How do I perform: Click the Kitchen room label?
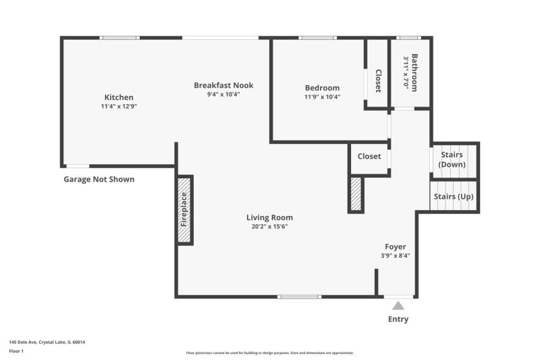point(119,97)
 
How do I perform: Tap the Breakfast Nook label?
point(223,85)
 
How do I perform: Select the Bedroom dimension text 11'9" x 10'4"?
point(323,97)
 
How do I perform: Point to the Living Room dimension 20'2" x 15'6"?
point(269,226)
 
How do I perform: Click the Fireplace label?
point(184,209)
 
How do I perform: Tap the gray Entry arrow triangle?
point(398,305)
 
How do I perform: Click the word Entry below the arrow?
point(398,319)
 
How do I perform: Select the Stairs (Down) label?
point(452,159)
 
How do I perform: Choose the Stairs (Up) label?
point(454,197)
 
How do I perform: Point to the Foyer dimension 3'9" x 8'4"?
point(396,255)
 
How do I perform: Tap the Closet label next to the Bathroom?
point(378,81)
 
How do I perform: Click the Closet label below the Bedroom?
point(369,156)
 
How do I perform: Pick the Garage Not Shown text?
point(99,179)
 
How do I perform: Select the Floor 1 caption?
point(16,351)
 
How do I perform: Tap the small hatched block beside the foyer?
point(356,194)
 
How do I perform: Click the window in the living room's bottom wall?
point(299,297)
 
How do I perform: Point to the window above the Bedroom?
point(317,38)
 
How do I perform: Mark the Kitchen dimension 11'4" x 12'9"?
point(119,106)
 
